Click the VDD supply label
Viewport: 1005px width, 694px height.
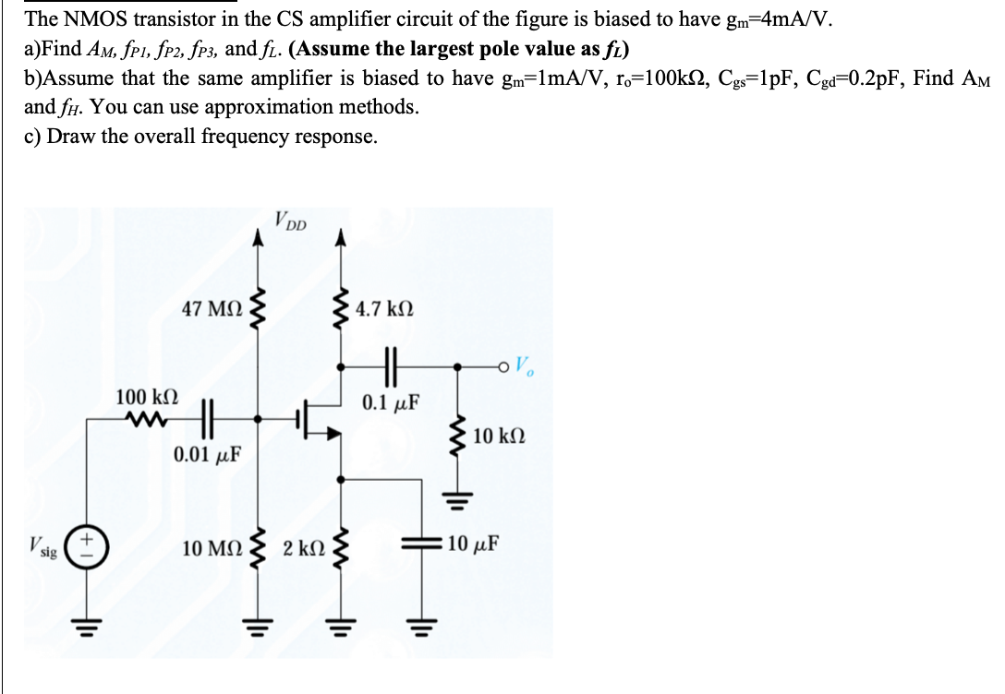point(291,221)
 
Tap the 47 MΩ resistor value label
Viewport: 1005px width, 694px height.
point(212,309)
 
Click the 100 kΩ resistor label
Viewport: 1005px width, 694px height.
point(146,398)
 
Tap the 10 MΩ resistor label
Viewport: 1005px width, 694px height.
point(212,548)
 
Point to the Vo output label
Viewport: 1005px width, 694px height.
point(524,366)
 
